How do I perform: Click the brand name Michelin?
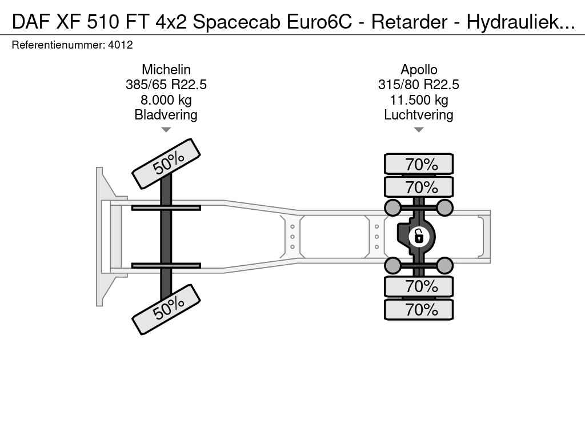coord(166,69)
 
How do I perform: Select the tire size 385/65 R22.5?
coord(166,85)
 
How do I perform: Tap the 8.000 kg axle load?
coord(166,100)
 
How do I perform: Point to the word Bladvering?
coord(166,115)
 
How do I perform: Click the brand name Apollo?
coord(419,70)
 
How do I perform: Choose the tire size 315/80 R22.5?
coord(419,85)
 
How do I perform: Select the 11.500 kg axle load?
coord(419,100)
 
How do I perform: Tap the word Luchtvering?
coord(419,115)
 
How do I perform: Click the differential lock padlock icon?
coord(419,237)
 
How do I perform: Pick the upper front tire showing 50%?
coord(166,163)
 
